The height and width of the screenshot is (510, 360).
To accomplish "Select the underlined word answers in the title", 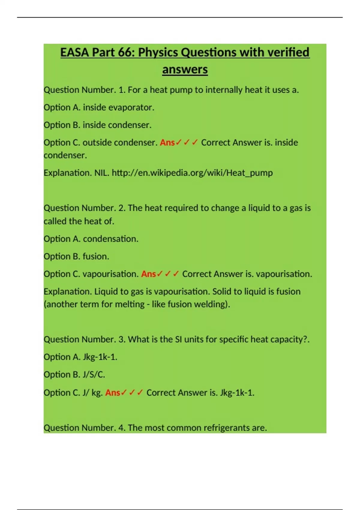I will click(185, 70).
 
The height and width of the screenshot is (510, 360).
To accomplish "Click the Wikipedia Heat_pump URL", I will click(192, 173).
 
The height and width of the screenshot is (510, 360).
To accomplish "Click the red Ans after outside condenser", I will click(167, 142).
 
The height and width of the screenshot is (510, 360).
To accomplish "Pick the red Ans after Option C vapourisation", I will click(148, 274).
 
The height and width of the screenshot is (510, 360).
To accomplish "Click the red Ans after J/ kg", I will click(112, 393).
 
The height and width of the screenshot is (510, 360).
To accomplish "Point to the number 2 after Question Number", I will click(121, 208).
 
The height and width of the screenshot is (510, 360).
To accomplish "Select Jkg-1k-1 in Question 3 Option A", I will click(99, 357).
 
